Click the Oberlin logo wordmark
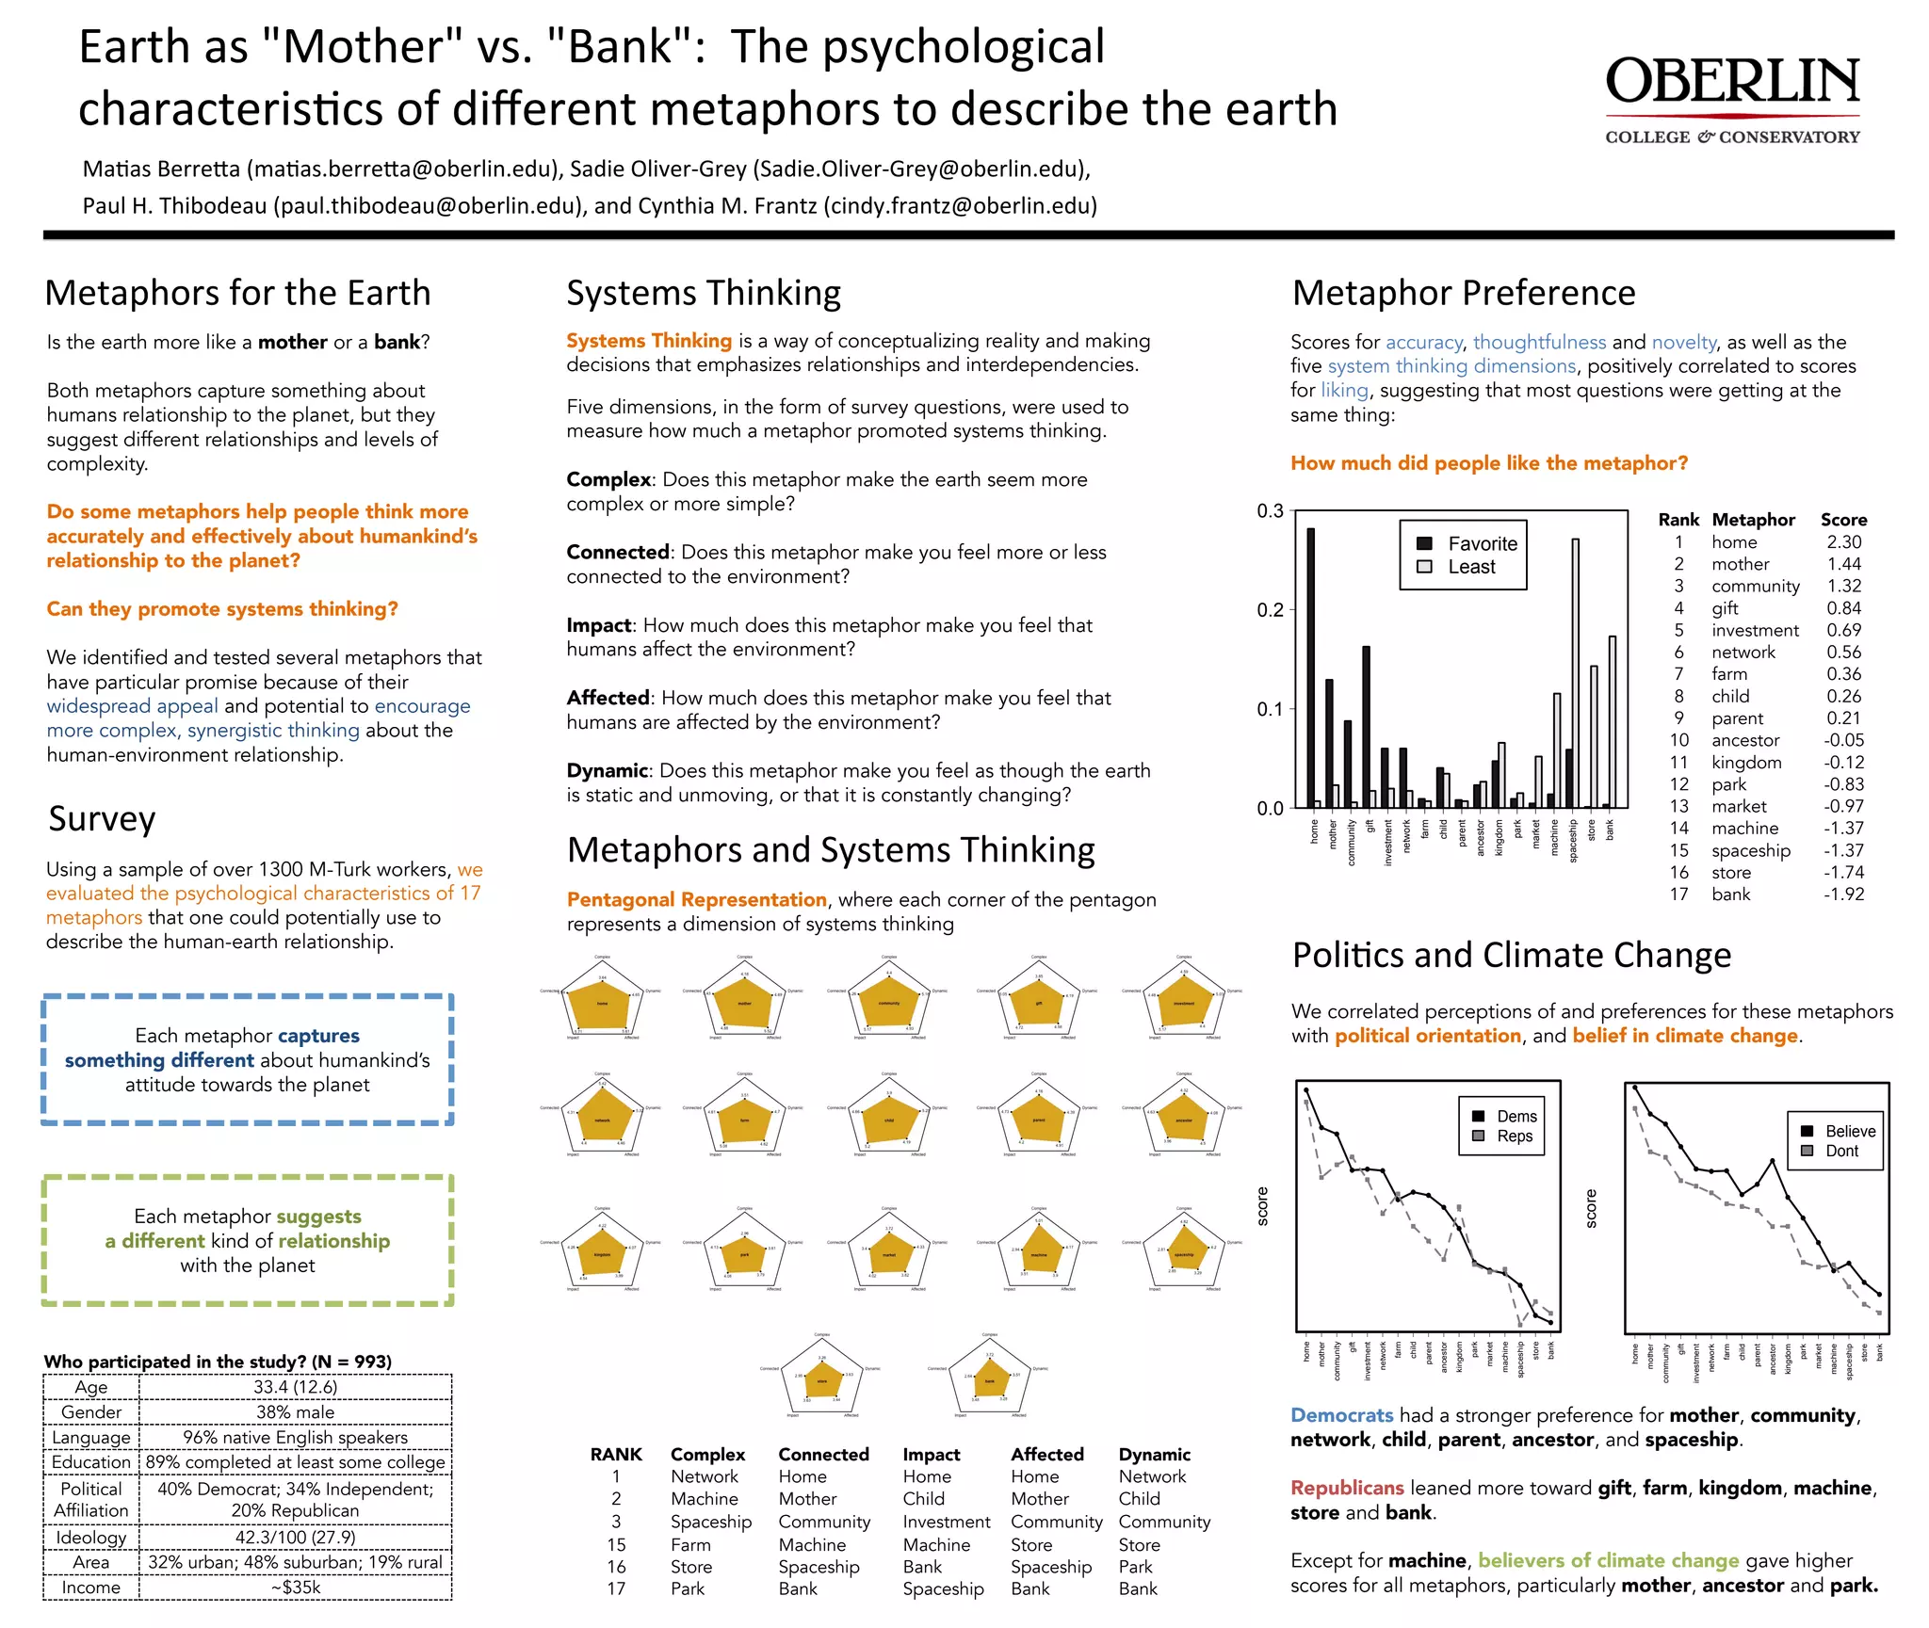pos(1732,82)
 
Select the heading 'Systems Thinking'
pos(703,293)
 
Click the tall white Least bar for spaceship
pos(1575,672)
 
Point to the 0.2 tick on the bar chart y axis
pos(1270,609)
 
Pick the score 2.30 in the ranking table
pos(1843,541)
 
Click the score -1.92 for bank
pos(1843,894)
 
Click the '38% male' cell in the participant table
pos(295,1411)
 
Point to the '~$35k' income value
pos(295,1587)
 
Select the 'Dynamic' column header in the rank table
pos(1154,1454)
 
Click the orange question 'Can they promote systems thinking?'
pos(222,608)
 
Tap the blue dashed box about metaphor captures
pos(248,1059)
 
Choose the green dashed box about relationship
pos(248,1240)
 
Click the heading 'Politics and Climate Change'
pos(1511,955)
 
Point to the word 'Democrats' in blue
pos(1341,1414)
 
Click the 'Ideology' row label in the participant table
pos(90,1537)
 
